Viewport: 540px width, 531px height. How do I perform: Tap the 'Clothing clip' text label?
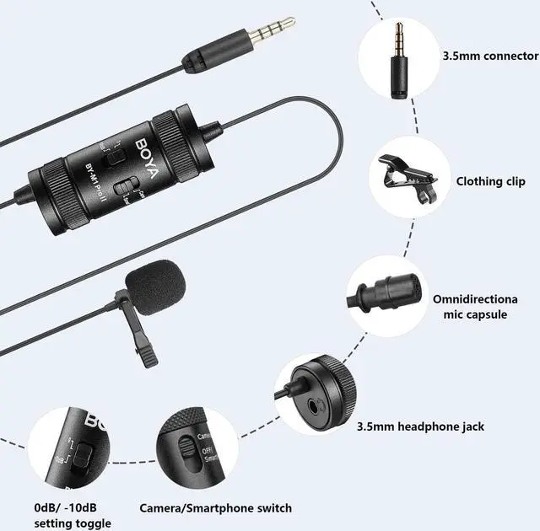[x=490, y=181]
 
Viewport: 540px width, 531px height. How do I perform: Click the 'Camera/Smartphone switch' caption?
[x=215, y=508]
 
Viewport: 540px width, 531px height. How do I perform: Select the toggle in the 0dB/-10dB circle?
[x=81, y=457]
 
